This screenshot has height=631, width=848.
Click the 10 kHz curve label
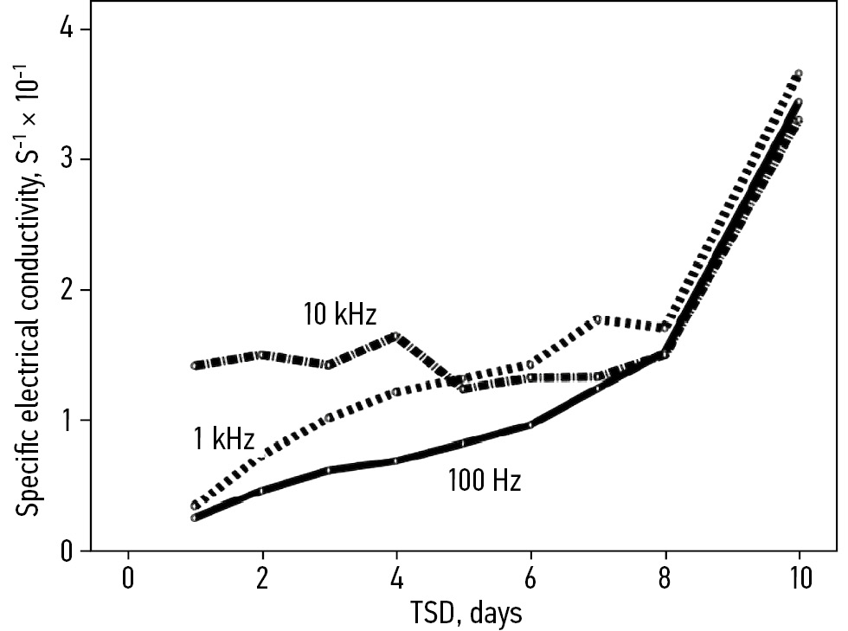pyautogui.click(x=339, y=314)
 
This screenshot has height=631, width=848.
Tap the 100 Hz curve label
pyautogui.click(x=484, y=480)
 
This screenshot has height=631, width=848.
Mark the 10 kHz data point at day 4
pyautogui.click(x=396, y=336)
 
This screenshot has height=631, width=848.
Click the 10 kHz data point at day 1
pyautogui.click(x=196, y=365)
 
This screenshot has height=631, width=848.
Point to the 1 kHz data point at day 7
pyautogui.click(x=598, y=319)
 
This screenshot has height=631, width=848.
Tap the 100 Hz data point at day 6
pyautogui.click(x=530, y=425)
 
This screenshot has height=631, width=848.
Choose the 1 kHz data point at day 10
pyautogui.click(x=799, y=74)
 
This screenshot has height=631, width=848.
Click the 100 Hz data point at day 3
pyautogui.click(x=330, y=470)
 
